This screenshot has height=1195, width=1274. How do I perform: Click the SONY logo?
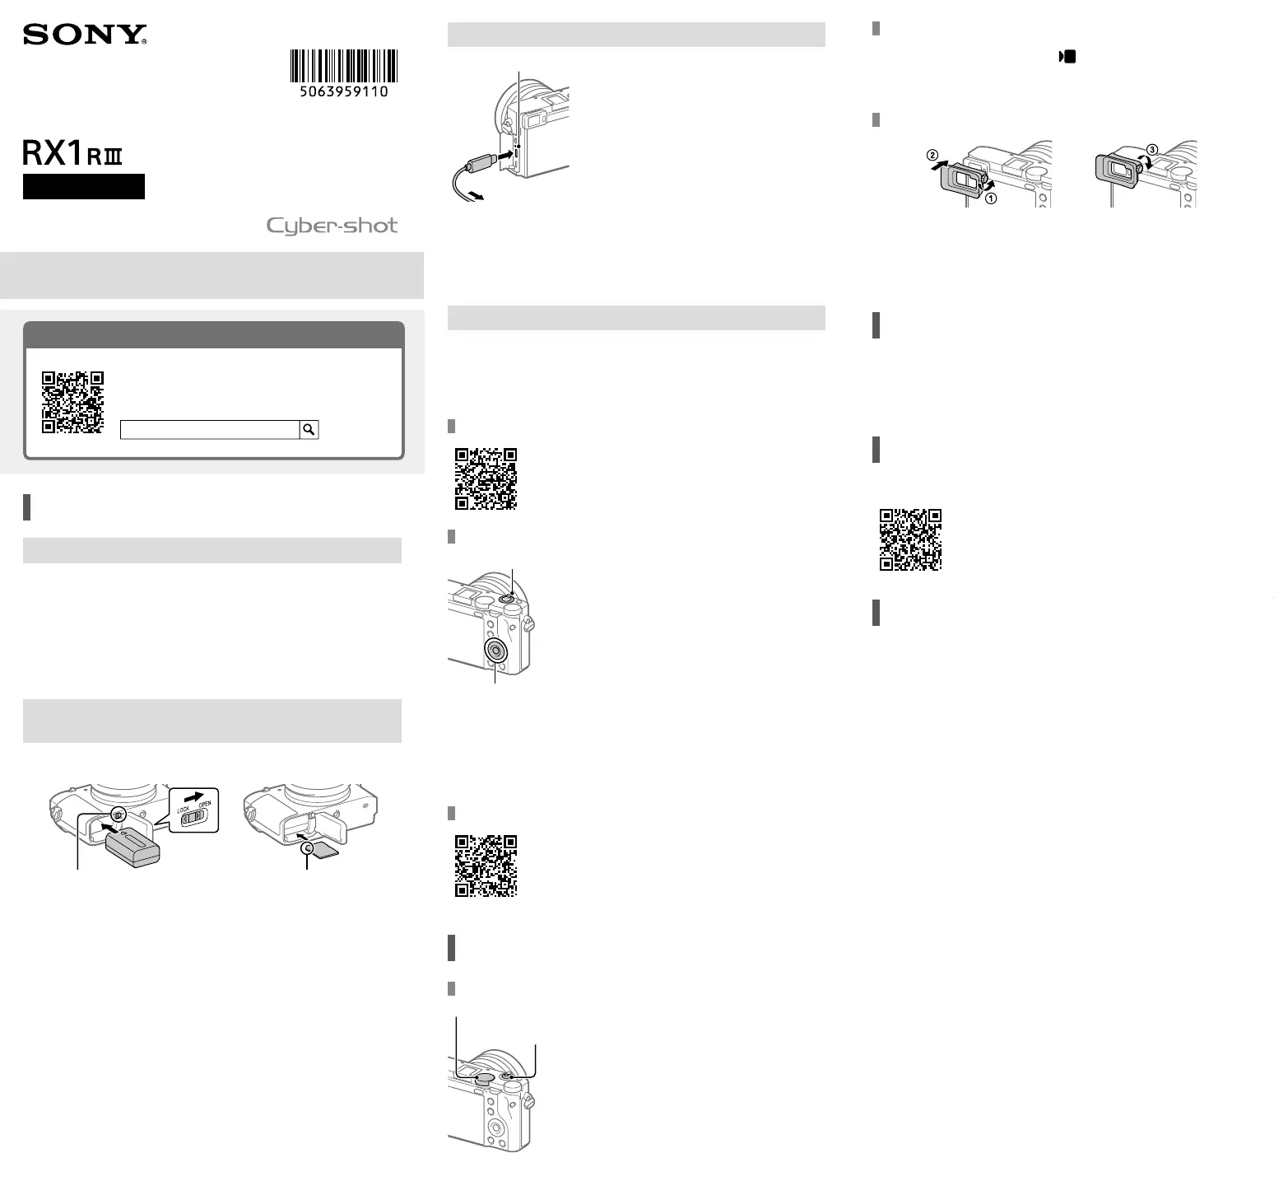pyautogui.click(x=85, y=35)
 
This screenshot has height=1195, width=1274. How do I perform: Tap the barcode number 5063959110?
pyautogui.click(x=344, y=91)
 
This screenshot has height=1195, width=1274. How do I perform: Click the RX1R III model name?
pyautogui.click(x=72, y=154)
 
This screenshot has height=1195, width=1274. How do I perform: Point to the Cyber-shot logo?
pyautogui.click(x=332, y=226)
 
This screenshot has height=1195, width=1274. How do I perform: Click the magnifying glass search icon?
pyautogui.click(x=309, y=429)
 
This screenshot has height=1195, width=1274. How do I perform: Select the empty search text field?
pyautogui.click(x=210, y=429)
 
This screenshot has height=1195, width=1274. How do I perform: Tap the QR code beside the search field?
pyautogui.click(x=73, y=402)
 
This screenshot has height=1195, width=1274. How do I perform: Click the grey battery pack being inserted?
pyautogui.click(x=133, y=847)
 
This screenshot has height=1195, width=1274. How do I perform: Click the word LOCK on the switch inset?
pyautogui.click(x=184, y=810)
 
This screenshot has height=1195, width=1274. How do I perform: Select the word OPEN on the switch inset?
pyautogui.click(x=204, y=804)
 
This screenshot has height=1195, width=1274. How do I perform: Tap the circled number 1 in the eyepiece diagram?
pyautogui.click(x=992, y=198)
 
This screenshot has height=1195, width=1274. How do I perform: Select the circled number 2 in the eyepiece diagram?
pyautogui.click(x=932, y=155)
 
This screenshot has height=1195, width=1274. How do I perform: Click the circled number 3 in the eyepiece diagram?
pyautogui.click(x=1152, y=150)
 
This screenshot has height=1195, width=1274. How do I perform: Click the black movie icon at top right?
pyautogui.click(x=1067, y=57)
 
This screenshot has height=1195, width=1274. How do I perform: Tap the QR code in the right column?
pyautogui.click(x=911, y=539)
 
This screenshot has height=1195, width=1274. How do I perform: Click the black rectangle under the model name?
pyautogui.click(x=84, y=186)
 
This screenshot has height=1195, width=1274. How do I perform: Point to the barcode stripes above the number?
pyautogui.click(x=344, y=66)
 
